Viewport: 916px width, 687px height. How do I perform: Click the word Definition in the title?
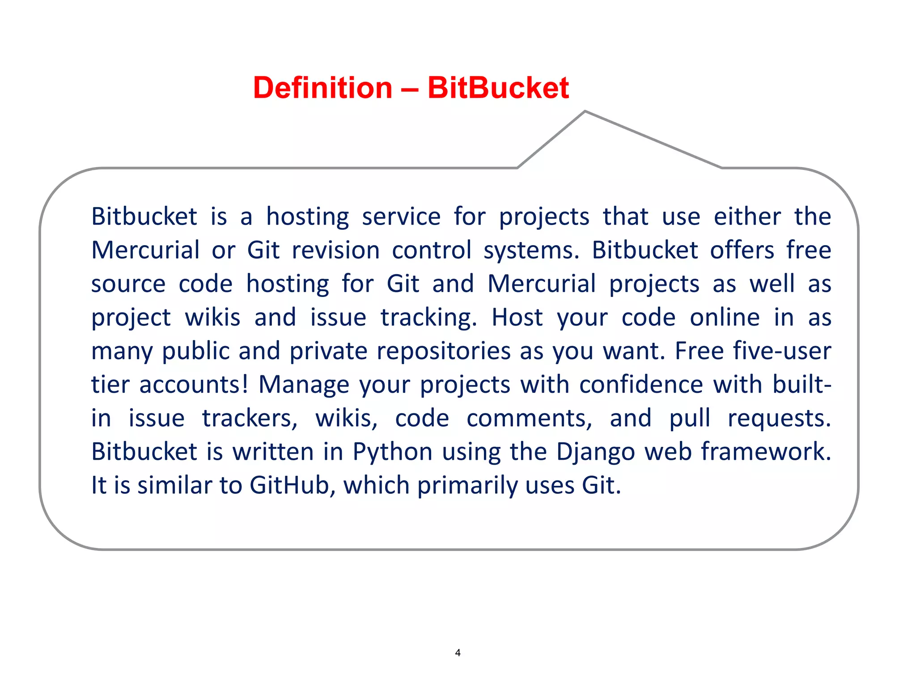pyautogui.click(x=322, y=88)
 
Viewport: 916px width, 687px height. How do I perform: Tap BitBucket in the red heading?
pyautogui.click(x=498, y=88)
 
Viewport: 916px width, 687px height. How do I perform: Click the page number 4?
pyautogui.click(x=458, y=653)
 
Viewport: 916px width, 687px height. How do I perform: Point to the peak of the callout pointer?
pyautogui.click(x=585, y=111)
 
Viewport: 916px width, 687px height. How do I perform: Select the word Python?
pyautogui.click(x=392, y=452)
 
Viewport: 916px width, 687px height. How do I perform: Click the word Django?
pyautogui.click(x=595, y=452)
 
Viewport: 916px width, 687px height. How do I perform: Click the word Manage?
pyautogui.click(x=304, y=385)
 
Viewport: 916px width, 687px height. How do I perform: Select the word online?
pyautogui.click(x=725, y=318)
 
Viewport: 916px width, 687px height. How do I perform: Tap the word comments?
pyautogui.click(x=529, y=419)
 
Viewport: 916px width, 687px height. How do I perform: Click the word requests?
pyautogui.click(x=779, y=419)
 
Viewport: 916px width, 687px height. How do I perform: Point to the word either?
pyautogui.click(x=747, y=217)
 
